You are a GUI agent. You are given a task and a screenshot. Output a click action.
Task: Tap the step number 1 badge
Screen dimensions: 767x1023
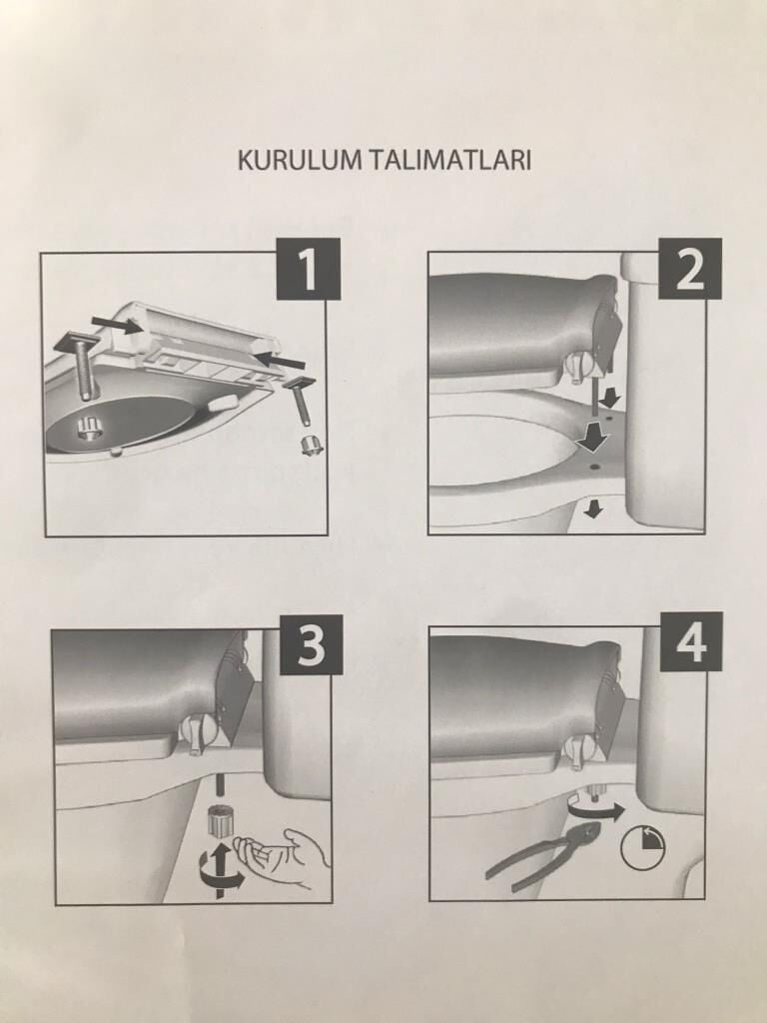309,269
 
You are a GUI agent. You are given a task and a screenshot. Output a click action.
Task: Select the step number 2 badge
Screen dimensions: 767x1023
689,269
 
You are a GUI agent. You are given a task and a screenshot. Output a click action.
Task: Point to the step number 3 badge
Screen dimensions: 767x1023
312,644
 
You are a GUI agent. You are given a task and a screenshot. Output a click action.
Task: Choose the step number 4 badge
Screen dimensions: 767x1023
691,642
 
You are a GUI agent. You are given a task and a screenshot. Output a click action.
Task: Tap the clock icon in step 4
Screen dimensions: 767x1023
642,847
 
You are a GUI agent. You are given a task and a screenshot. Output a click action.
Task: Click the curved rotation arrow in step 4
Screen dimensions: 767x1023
595,811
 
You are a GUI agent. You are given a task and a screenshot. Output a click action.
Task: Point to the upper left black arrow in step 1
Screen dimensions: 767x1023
118,324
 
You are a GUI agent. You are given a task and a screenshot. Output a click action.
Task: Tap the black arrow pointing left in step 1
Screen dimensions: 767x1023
280,359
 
